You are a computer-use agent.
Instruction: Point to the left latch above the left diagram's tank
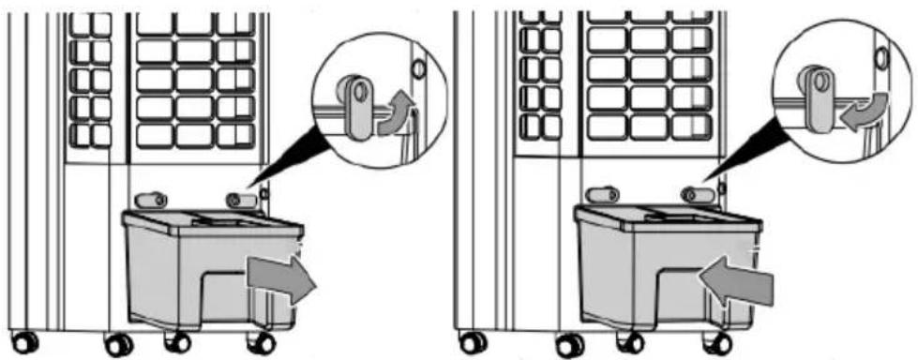[150, 200]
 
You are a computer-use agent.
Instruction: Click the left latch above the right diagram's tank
[601, 195]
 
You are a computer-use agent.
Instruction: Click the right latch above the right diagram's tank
[695, 195]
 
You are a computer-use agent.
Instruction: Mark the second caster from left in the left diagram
[118, 345]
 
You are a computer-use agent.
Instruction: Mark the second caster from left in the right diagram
[568, 345]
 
